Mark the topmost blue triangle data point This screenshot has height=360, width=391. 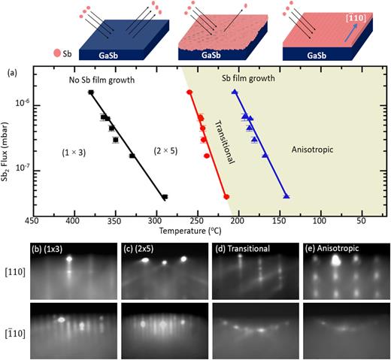click(x=235, y=91)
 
